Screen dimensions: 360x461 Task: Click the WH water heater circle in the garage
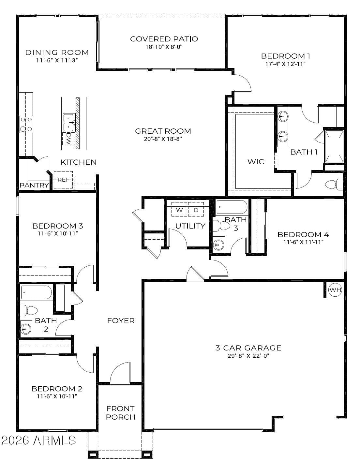pyautogui.click(x=335, y=290)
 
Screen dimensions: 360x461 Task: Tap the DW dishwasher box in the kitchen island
pyautogui.click(x=68, y=139)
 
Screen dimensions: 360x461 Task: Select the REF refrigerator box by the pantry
pyautogui.click(x=63, y=180)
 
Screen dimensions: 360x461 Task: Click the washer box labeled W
pyautogui.click(x=179, y=209)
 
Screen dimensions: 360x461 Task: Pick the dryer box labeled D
pyautogui.click(x=196, y=209)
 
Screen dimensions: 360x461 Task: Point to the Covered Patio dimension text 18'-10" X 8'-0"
pyautogui.click(x=164, y=47)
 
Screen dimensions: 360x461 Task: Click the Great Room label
pyautogui.click(x=163, y=131)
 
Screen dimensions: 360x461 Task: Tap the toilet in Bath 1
pyautogui.click(x=334, y=184)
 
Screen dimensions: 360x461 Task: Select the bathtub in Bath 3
pyautogui.click(x=232, y=207)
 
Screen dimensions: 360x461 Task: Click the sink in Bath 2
pyautogui.click(x=26, y=329)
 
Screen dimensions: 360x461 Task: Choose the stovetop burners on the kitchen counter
pyautogui.click(x=26, y=124)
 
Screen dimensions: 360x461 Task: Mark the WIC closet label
pyautogui.click(x=256, y=162)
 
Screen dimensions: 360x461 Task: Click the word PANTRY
pyautogui.click(x=34, y=185)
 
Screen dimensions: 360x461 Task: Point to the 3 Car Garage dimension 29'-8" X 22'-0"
pyautogui.click(x=248, y=356)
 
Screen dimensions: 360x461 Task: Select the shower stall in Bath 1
pyautogui.click(x=334, y=146)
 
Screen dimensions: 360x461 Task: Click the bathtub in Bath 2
pyautogui.click(x=36, y=292)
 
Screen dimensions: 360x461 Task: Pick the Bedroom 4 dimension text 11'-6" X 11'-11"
pyautogui.click(x=303, y=242)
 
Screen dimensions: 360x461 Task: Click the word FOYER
pyautogui.click(x=121, y=320)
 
